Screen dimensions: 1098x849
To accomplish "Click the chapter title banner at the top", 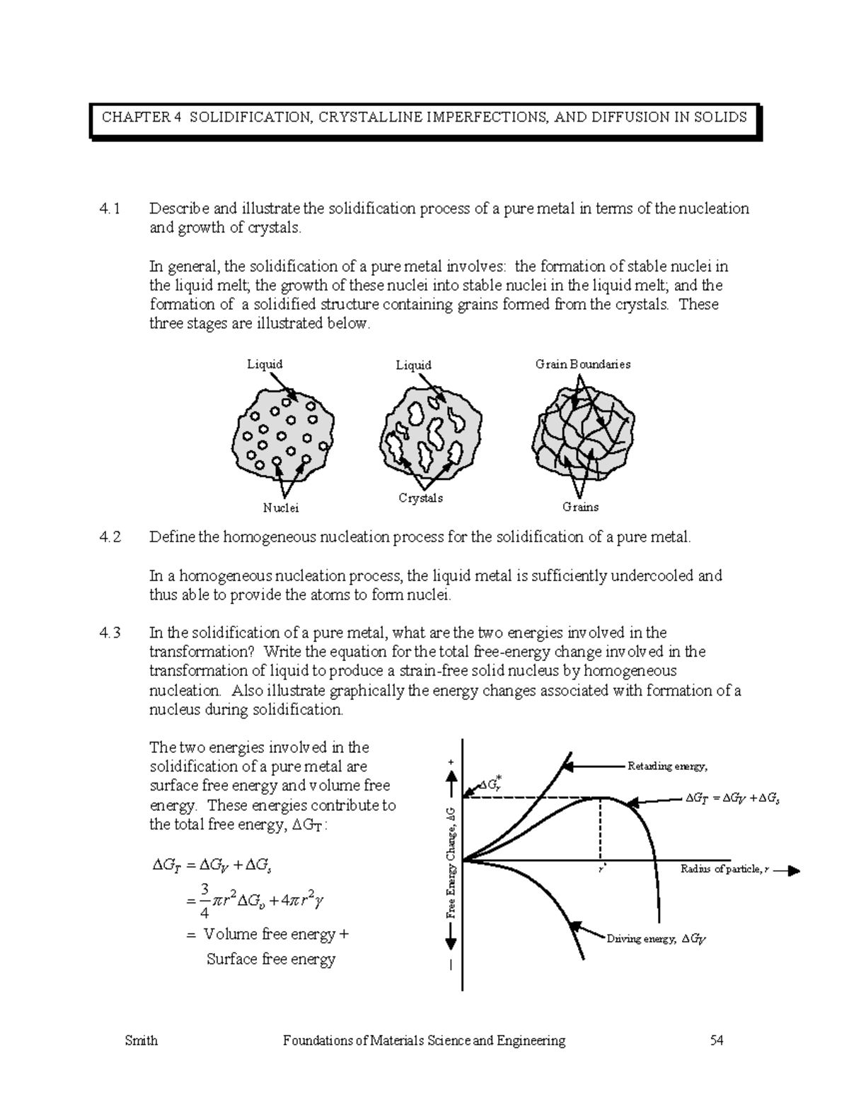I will coord(424,117).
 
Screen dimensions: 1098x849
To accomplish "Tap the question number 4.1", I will coord(110,209).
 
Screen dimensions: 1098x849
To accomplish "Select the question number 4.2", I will coord(110,537).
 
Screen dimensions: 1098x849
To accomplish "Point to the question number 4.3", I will coord(110,633).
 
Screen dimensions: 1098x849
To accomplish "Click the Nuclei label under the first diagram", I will coord(281,508).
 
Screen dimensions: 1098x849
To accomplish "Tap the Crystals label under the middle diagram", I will coord(420,498).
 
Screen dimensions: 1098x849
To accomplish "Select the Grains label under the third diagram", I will coord(580,507).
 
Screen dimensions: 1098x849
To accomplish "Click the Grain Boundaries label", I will coord(582,365).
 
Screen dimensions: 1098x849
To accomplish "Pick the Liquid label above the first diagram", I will coord(265,364).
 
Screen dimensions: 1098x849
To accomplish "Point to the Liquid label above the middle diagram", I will coord(413,365).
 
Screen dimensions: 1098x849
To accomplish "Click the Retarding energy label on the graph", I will coord(667,766).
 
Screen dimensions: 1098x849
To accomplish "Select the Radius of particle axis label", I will coord(724,869).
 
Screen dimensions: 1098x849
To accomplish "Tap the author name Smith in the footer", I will coord(141,1040).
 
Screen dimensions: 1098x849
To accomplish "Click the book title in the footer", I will coord(424,1040).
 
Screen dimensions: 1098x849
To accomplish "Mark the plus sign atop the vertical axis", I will coord(451,761).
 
